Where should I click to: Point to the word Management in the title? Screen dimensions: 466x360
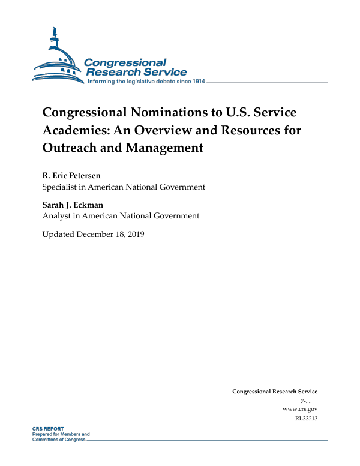click(x=164, y=147)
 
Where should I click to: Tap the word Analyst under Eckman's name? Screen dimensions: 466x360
click(x=58, y=216)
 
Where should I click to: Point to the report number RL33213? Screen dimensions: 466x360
click(x=306, y=418)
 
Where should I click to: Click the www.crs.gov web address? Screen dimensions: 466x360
click(x=299, y=408)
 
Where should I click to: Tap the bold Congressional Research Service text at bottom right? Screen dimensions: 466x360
click(x=275, y=392)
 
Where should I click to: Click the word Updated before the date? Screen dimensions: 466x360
click(x=58, y=233)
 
